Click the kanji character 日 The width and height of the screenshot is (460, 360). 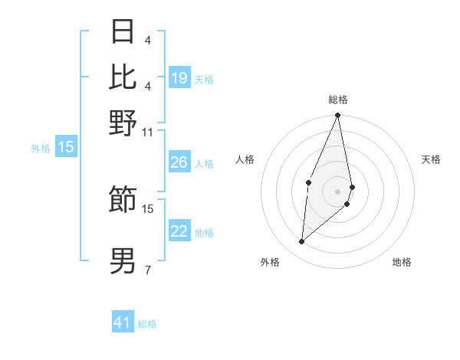tap(123, 31)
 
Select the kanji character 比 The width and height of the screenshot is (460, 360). tap(123, 75)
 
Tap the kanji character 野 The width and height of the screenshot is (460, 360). tap(123, 123)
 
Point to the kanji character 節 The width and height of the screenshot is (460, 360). tap(123, 199)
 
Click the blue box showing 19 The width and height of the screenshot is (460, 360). tap(179, 78)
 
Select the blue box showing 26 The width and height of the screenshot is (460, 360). tap(179, 162)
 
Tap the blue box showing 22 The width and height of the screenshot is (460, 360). tap(179, 231)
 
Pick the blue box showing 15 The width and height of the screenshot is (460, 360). tap(66, 148)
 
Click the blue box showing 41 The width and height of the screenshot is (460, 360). tap(123, 322)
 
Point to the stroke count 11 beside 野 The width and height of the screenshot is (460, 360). tap(148, 133)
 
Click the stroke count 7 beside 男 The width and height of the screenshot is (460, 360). tap(148, 270)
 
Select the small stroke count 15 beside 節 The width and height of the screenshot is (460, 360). tap(148, 208)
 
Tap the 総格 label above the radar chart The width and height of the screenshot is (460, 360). tap(338, 100)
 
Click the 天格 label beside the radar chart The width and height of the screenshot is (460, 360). tap(431, 159)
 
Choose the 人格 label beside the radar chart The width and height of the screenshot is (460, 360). tap(245, 159)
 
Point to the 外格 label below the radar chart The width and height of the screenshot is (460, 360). tap(270, 262)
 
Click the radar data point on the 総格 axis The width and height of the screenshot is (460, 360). tap(338, 116)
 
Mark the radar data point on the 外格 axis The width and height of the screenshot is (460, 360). tap(302, 242)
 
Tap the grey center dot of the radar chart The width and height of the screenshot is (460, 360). tap(338, 191)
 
